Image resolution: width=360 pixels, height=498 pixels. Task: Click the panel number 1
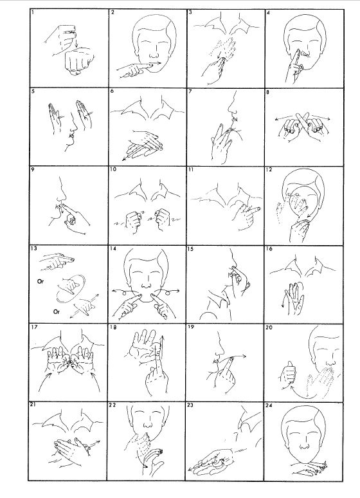click(33, 12)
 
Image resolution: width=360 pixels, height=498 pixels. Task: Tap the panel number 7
click(190, 91)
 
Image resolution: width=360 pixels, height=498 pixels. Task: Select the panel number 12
click(269, 170)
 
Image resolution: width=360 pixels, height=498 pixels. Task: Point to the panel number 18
click(113, 327)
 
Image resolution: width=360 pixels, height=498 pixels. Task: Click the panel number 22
click(113, 405)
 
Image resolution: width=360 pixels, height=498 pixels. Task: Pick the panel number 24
click(269, 405)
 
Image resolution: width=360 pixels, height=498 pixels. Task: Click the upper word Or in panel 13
click(40, 281)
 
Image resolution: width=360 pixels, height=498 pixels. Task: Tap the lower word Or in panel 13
click(56, 311)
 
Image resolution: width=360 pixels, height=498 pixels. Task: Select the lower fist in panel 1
click(79, 61)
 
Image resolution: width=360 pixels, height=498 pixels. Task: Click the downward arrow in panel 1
click(76, 41)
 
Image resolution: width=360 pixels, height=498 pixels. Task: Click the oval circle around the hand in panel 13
click(71, 289)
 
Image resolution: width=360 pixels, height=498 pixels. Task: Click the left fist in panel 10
click(133, 221)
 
